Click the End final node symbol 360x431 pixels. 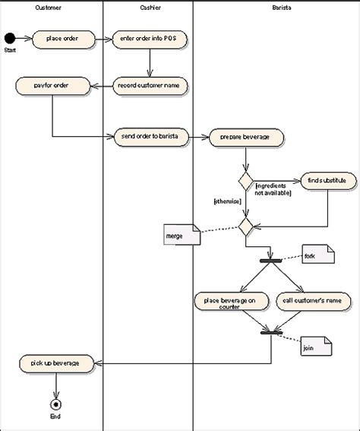pyautogui.click(x=54, y=404)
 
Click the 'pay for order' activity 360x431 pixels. pyautogui.click(x=52, y=85)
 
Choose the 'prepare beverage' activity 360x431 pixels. pyautogui.click(x=245, y=137)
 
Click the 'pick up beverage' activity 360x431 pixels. pyautogui.click(x=57, y=363)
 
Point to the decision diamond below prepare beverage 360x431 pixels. pyautogui.click(x=245, y=181)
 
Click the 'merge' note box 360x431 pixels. pyautogui.click(x=181, y=236)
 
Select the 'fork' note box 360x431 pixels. pyautogui.click(x=317, y=255)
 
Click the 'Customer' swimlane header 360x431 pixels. pyautogui.click(x=49, y=7)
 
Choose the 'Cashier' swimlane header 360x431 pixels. pyautogui.click(x=149, y=7)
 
